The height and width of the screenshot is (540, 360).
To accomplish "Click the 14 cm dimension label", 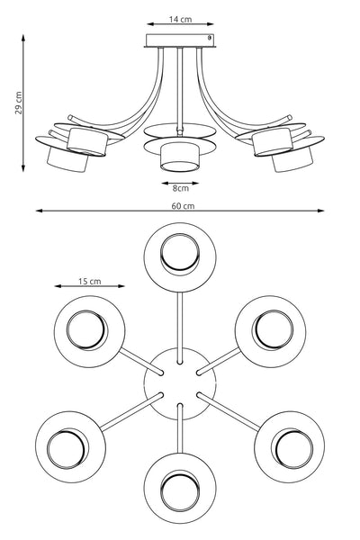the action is pyautogui.click(x=180, y=19).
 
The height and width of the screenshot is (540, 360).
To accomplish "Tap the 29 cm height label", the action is pyautogui.click(x=19, y=103).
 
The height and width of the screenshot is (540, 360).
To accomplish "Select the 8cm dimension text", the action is pyautogui.click(x=181, y=188).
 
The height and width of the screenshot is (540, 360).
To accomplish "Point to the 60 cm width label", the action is pyautogui.click(x=183, y=206).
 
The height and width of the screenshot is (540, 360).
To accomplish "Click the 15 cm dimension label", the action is pyautogui.click(x=90, y=282).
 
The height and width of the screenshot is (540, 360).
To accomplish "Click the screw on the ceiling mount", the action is pyautogui.click(x=209, y=38).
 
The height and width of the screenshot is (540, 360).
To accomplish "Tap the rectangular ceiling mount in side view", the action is pyautogui.click(x=180, y=40).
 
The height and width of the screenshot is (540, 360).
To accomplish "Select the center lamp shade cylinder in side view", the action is pyautogui.click(x=179, y=157).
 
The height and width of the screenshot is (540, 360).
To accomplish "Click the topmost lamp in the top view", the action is pyautogui.click(x=180, y=257).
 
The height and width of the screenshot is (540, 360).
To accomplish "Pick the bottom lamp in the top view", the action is pyautogui.click(x=180, y=488).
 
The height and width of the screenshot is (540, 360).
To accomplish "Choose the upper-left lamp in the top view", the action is pyautogui.click(x=90, y=331).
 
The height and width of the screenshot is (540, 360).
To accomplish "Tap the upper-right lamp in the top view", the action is pyautogui.click(x=270, y=331).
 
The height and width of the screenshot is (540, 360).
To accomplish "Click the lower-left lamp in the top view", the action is pyautogui.click(x=70, y=446).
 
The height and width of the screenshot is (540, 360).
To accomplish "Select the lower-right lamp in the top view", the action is pyautogui.click(x=290, y=446).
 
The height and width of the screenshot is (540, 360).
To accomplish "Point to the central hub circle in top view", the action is pyautogui.click(x=180, y=383).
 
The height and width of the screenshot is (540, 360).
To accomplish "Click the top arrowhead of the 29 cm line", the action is pyautogui.click(x=23, y=37).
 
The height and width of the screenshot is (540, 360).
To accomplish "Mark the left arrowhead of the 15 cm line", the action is pyautogui.click(x=58, y=286).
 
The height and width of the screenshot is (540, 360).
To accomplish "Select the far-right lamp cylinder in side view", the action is pyautogui.click(x=292, y=159).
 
